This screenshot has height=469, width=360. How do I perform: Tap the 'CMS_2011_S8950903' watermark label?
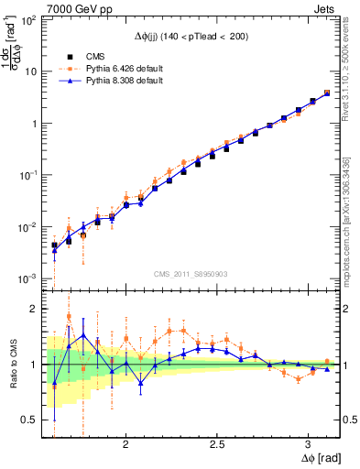(x=191, y=274)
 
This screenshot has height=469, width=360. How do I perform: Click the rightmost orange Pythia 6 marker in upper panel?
(x=327, y=93)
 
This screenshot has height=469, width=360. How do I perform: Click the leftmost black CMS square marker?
(x=54, y=245)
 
